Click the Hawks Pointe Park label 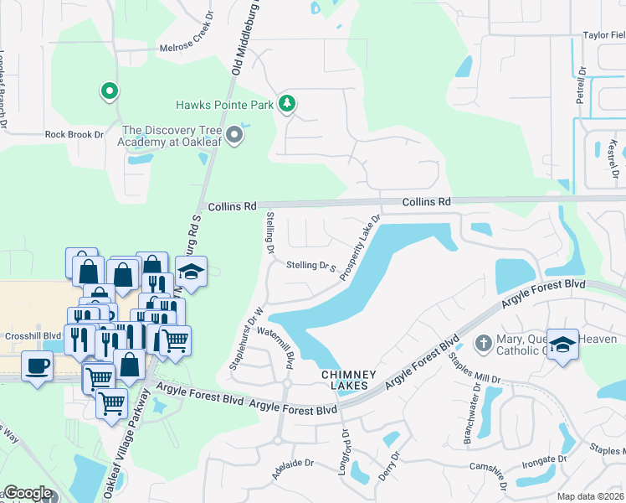pos(225,105)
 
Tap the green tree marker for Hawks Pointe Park pos(288,104)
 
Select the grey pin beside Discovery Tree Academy pos(235,135)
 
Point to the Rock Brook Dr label pos(74,134)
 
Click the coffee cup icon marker pos(37,366)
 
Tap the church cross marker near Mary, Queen pos(483,343)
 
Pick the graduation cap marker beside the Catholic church pos(562,343)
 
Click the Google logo pos(28,493)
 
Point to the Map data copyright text pos(589,496)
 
